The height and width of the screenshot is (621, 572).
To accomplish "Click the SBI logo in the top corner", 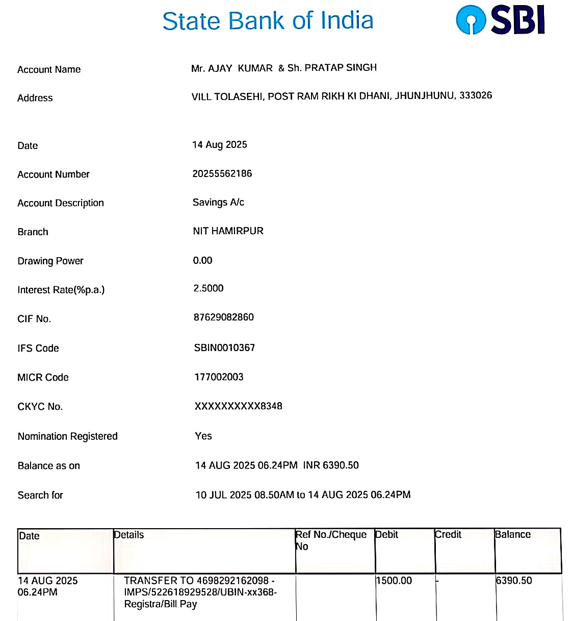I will pos(500,20).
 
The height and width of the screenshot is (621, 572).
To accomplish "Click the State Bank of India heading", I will pos(268,21).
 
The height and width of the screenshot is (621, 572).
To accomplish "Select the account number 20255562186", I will pos(222,173).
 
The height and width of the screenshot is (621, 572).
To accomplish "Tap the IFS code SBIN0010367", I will pos(224,348).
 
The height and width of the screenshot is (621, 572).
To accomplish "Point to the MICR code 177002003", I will pos(219,377).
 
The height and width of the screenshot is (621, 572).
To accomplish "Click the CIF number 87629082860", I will pos(223,317).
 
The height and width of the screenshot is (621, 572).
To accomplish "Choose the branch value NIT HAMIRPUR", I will pos(228,231).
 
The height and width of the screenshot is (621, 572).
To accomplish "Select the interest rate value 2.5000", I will pos(208,288).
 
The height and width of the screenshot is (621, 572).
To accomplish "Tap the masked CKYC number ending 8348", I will pos(238,406).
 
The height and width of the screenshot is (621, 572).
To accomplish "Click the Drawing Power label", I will pos(50,261).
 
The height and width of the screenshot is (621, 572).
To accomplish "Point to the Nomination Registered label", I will pos(67,436).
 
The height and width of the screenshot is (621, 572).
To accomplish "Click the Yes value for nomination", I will pos(203,436).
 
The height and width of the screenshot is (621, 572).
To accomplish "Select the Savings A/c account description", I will pos(218,203).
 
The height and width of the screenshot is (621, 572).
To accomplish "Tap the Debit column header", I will pos(387,535).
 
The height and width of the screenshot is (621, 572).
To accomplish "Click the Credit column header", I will pos(448,535).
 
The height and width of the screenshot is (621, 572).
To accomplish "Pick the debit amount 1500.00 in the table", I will pos(394,581).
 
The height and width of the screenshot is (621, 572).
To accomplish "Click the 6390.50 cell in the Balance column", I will pos(514,581).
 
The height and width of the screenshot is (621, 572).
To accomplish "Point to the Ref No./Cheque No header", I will pos(331,540).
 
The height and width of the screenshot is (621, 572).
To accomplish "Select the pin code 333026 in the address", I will pos(476,95).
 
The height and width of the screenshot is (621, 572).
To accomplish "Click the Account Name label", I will pos(49,69).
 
